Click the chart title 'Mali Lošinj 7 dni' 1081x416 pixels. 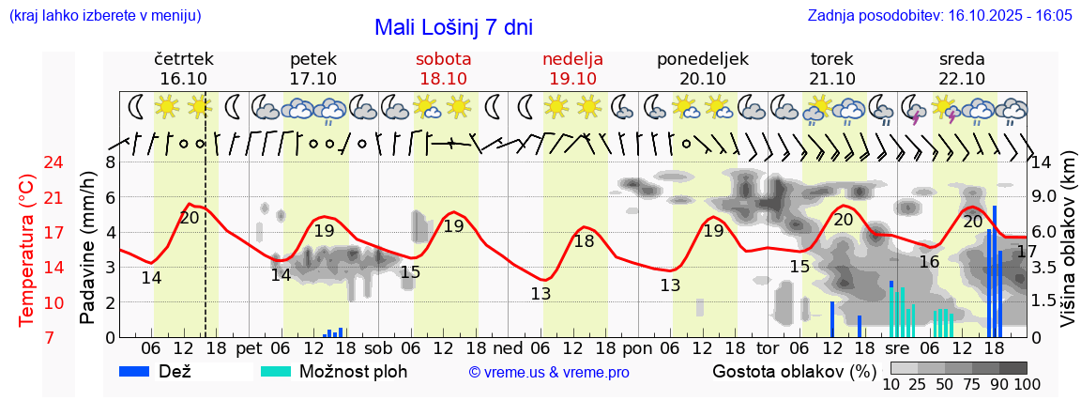tap(453, 27)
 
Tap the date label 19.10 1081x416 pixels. tap(572, 79)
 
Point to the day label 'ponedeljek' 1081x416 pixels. tap(703, 59)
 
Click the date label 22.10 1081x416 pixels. tap(962, 79)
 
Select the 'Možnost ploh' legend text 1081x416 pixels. tap(353, 371)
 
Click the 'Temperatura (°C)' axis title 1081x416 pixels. tap(27, 250)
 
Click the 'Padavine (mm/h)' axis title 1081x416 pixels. tap(87, 248)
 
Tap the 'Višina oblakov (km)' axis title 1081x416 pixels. tap(1067, 249)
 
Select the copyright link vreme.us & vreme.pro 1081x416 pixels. tap(549, 373)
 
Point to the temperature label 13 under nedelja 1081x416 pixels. tap(540, 293)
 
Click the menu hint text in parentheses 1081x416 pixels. tap(104, 16)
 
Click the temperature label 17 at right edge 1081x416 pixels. tap(1027, 252)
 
